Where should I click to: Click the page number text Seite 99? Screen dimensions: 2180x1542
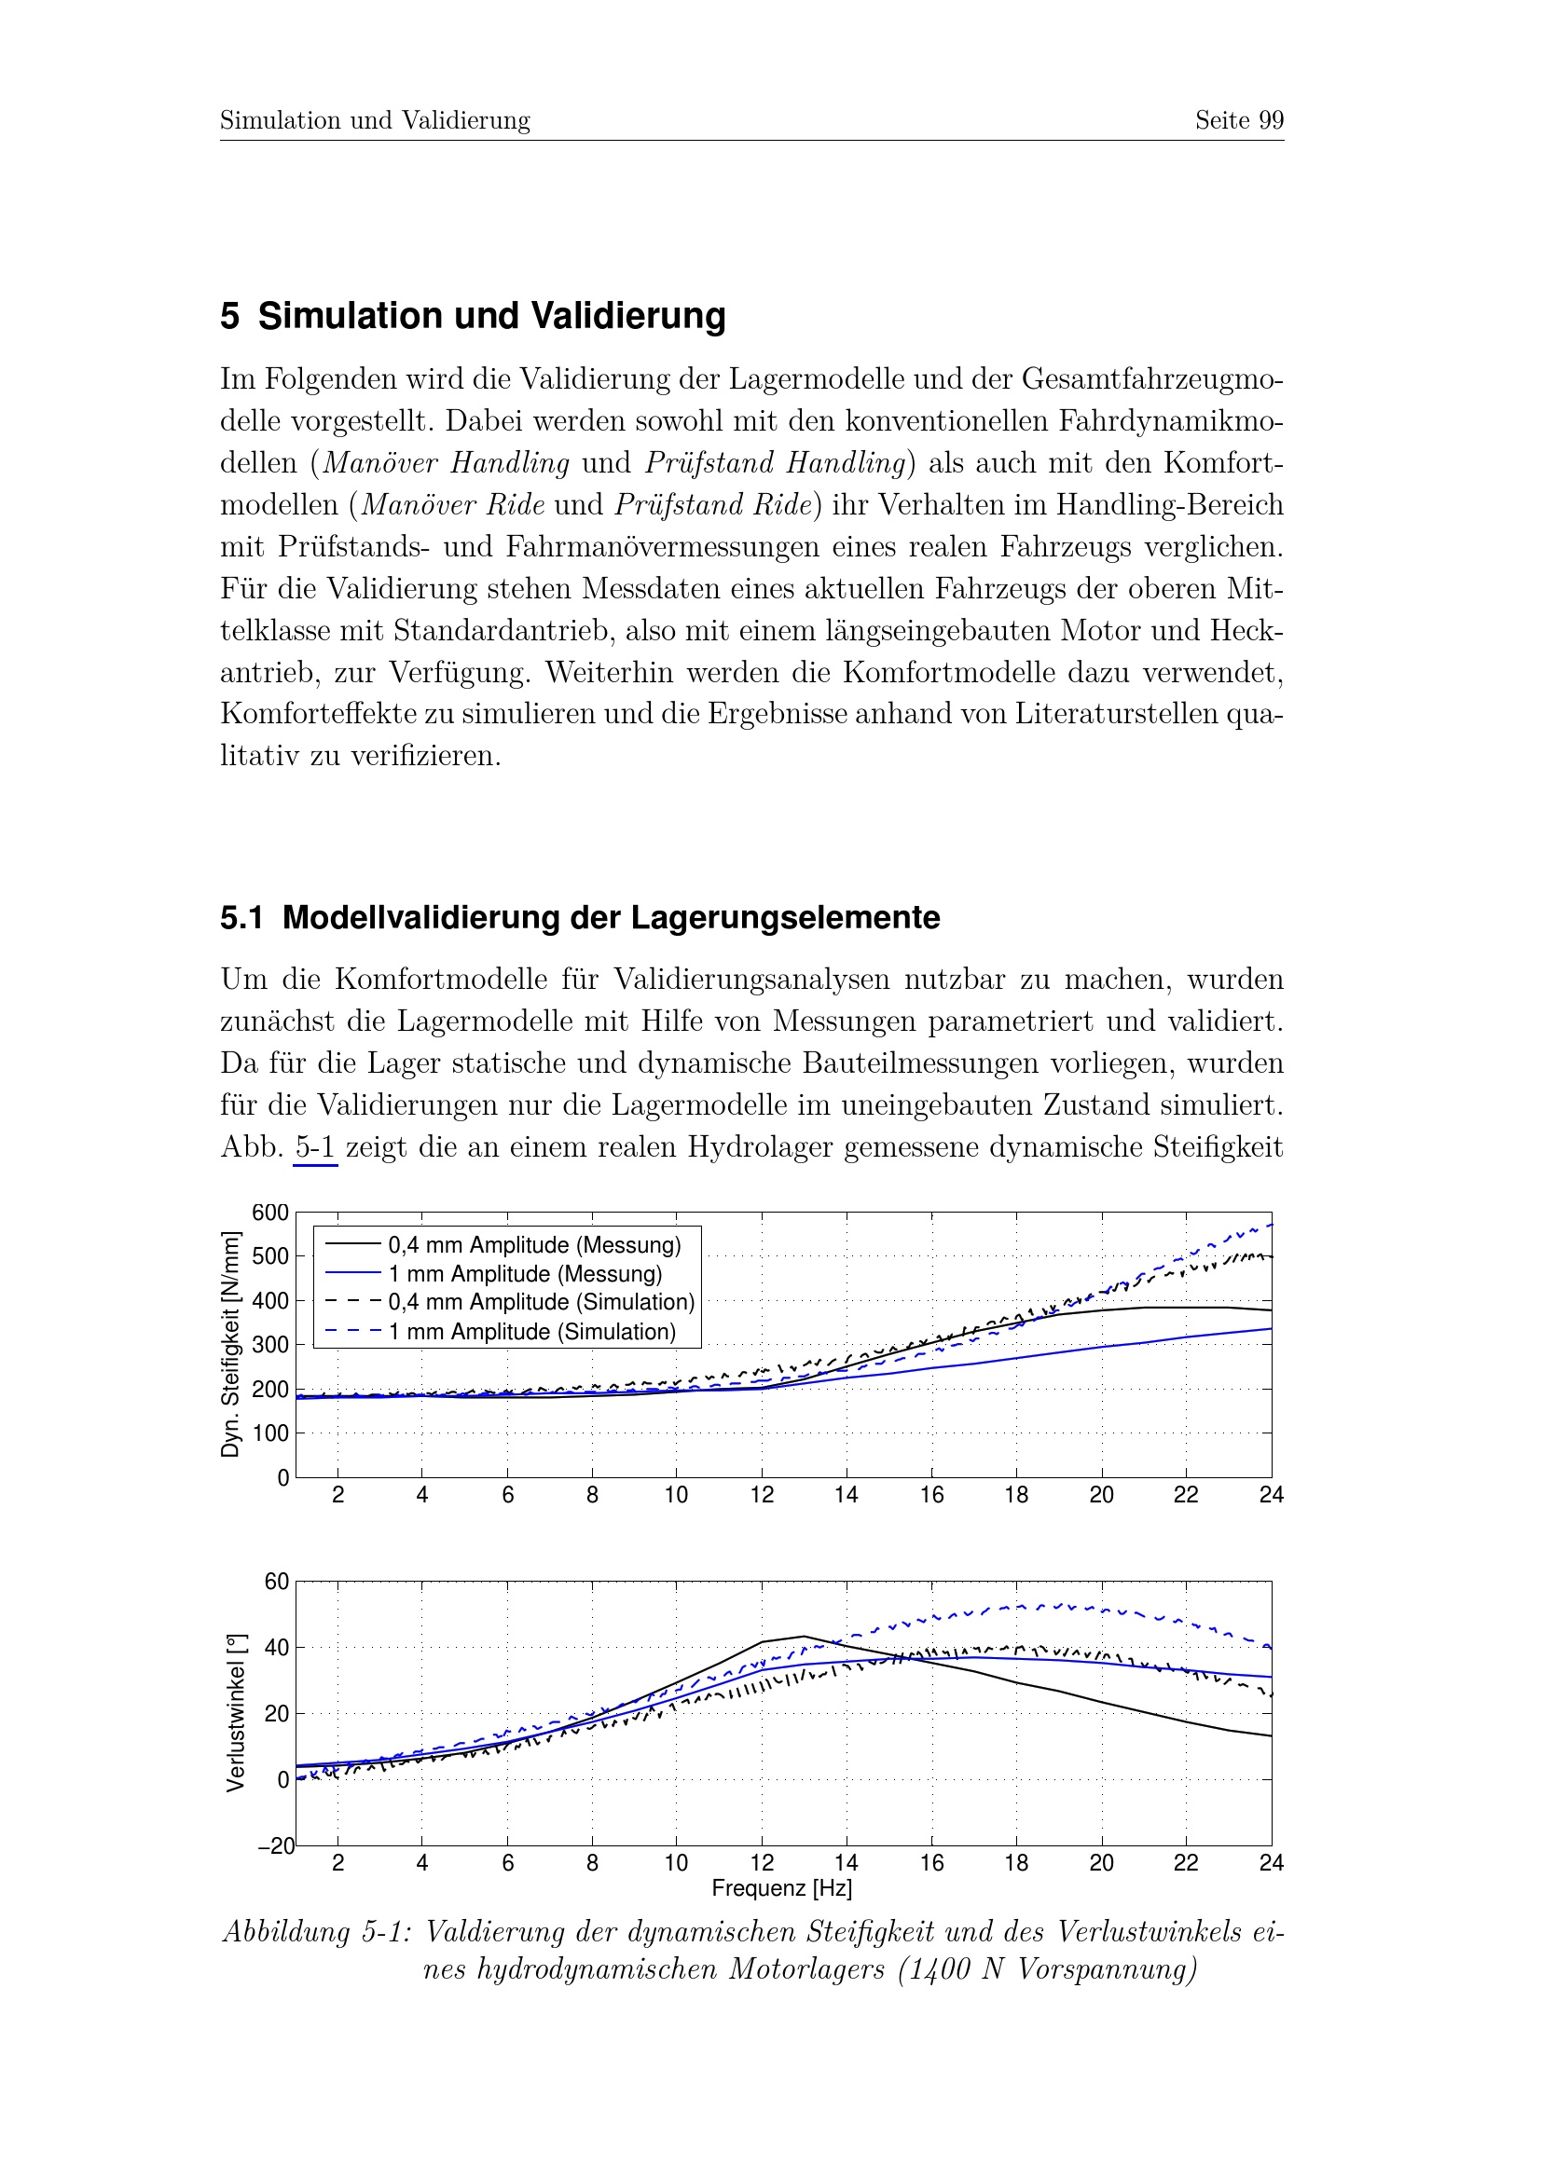(1238, 120)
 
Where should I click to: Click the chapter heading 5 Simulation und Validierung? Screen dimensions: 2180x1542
(473, 316)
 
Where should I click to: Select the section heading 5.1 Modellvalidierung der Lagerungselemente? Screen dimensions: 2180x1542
(579, 918)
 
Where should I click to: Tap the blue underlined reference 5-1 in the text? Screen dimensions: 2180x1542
(315, 1147)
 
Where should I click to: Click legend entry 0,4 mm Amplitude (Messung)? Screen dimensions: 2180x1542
(533, 1245)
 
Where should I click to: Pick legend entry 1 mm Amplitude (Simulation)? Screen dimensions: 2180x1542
(531, 1332)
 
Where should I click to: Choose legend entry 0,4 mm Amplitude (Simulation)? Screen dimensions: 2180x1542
(541, 1303)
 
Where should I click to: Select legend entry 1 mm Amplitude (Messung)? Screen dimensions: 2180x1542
(525, 1274)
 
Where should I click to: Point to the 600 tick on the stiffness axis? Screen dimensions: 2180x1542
(269, 1213)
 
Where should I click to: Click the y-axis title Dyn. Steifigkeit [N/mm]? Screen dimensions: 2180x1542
(229, 1344)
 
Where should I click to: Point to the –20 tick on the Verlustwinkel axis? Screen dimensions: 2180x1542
(275, 1846)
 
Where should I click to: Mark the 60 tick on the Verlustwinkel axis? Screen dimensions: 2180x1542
(276, 1582)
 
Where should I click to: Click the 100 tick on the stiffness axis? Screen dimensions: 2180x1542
(269, 1433)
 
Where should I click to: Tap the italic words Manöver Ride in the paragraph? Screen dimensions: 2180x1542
(453, 504)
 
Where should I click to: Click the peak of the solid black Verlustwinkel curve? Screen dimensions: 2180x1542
(805, 1636)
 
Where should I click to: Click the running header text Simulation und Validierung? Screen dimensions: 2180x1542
(375, 120)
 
